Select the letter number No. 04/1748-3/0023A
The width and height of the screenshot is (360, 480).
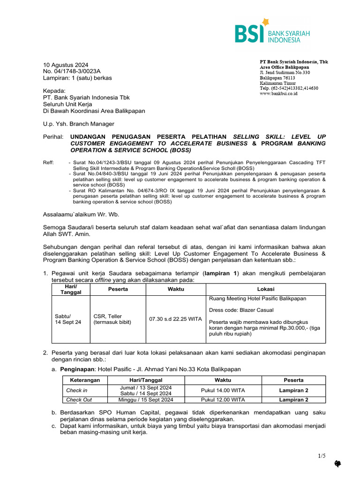(72, 71)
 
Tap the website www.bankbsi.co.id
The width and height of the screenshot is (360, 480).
(278, 94)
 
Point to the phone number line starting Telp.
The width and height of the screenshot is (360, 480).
(289, 88)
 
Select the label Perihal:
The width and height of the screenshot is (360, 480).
(53, 136)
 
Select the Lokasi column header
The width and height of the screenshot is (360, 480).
(266, 289)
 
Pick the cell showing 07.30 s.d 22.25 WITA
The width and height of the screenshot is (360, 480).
(175, 319)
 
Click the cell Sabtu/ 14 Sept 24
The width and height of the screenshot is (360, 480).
(68, 319)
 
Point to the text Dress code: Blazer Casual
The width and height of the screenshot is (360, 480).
(241, 310)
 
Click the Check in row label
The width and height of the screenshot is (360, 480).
(77, 390)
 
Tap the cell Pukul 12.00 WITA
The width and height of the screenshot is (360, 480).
(223, 400)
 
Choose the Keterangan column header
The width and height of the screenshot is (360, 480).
(82, 380)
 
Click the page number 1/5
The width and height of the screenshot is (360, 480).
(321, 456)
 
